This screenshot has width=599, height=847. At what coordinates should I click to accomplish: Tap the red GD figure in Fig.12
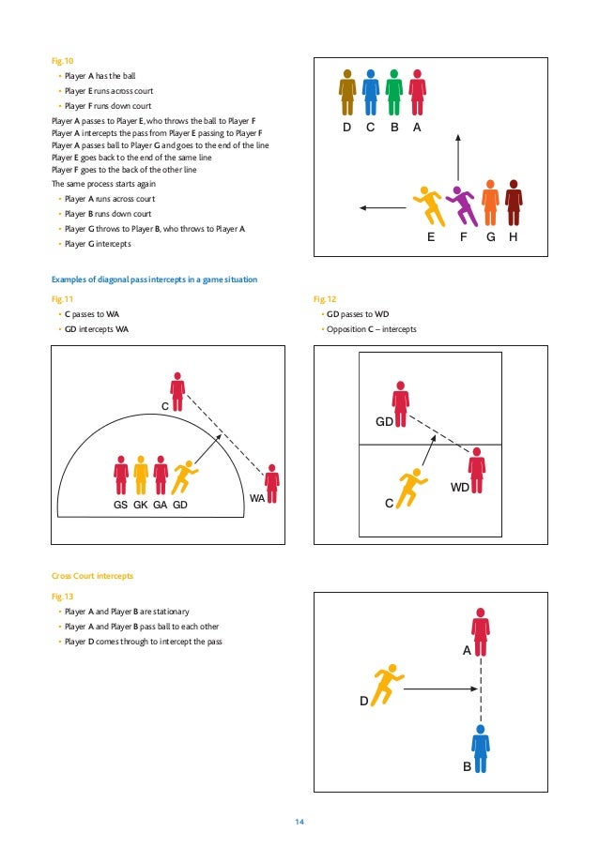401,404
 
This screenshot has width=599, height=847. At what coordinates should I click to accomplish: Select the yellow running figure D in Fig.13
386,686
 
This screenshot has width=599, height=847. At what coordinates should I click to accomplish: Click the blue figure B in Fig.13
480,749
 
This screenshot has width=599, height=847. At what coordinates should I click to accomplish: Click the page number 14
299,823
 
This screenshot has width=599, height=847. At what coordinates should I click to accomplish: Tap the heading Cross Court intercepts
86,575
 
